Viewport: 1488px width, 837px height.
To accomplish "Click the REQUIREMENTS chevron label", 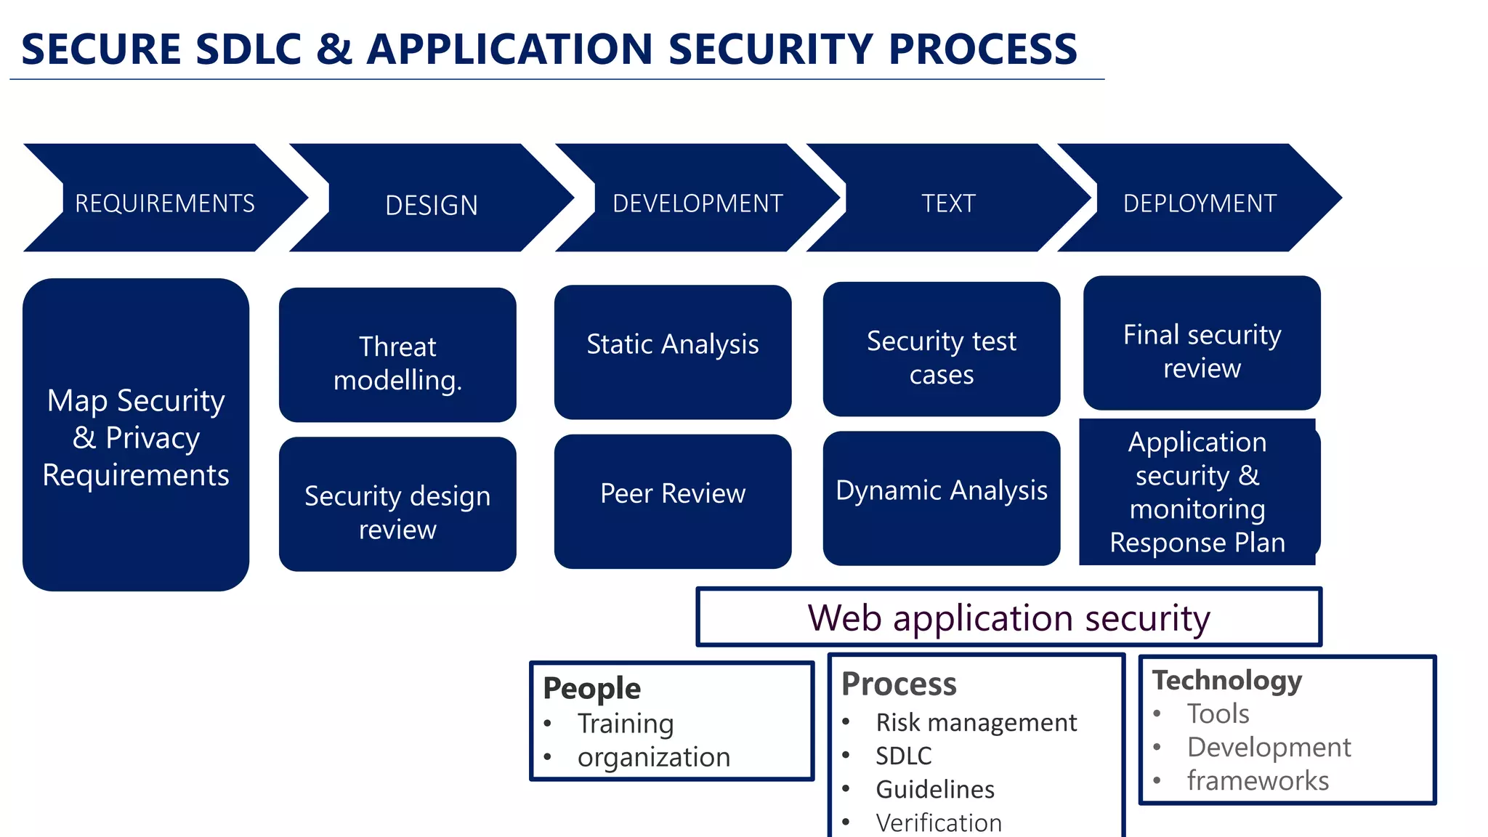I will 165,203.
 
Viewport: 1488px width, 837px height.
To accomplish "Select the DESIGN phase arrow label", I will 432,206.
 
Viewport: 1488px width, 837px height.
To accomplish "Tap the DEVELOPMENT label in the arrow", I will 697,203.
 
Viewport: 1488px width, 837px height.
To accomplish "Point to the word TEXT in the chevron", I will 948,203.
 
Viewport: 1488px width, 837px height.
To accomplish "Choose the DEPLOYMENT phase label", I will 1200,203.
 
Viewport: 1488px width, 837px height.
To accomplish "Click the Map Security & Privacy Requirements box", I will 136,437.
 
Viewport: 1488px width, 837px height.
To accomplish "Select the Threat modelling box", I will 397,363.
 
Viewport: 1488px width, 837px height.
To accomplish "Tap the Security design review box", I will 397,511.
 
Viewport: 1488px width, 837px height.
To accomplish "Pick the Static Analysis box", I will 673,344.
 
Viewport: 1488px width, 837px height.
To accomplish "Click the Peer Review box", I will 673,494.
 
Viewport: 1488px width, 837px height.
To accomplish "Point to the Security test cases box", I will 942,357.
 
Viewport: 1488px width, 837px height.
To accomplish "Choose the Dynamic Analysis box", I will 942,491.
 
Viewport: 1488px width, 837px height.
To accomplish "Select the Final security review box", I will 1202,351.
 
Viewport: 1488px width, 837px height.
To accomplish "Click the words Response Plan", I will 1197,543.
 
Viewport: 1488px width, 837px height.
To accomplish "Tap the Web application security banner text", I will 1008,618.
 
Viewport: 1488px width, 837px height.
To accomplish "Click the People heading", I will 591,688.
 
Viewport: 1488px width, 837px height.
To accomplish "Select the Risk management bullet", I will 976,722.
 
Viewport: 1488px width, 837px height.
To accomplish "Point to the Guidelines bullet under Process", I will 935,789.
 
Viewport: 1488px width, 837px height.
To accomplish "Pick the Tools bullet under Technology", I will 1218,713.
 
